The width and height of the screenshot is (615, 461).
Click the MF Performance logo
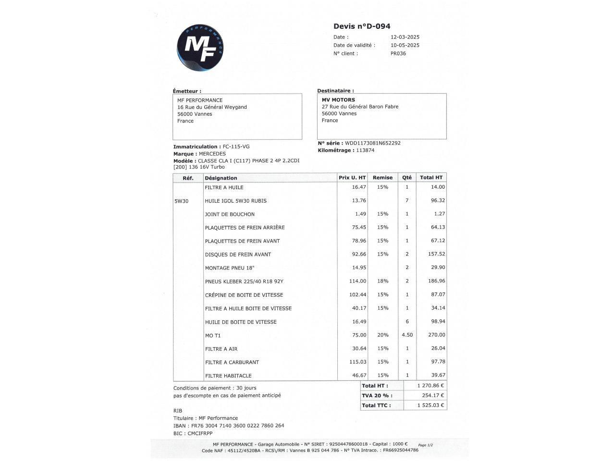pos(200,48)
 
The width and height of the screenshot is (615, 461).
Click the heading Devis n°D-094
pos(362,26)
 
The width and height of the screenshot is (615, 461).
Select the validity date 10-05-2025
pos(405,45)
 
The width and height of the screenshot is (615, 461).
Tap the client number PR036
pos(398,53)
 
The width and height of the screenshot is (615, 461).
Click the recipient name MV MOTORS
pos(338,100)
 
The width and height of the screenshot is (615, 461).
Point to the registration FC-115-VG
pos(236,146)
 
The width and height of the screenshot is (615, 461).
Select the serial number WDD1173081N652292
pos(372,143)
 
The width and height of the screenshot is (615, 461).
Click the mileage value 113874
pos(365,150)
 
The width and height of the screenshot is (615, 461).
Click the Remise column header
pos(382,178)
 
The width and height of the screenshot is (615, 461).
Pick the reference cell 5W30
pos(182,201)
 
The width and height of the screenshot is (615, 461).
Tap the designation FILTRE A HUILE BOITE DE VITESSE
pos(248,308)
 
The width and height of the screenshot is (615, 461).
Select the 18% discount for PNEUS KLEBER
pos(382,281)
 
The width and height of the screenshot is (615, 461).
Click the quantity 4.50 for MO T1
pos(407,335)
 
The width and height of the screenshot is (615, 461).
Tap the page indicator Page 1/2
pos(426,445)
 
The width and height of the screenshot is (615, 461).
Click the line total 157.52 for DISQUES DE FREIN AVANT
pos(436,254)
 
